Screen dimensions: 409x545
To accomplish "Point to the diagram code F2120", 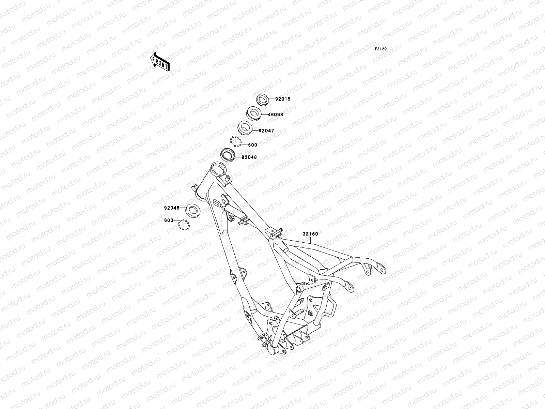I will click(x=381, y=49).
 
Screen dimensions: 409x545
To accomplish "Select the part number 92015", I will click(x=283, y=99).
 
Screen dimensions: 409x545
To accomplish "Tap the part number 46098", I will click(x=275, y=115).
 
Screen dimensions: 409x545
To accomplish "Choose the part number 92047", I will click(x=266, y=131).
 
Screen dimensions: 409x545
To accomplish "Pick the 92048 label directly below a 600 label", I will click(x=249, y=157).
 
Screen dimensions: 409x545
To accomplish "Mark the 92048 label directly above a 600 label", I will click(x=171, y=208).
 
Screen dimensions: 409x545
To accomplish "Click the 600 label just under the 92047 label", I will click(x=252, y=145).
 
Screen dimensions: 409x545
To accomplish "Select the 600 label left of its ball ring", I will click(x=169, y=220).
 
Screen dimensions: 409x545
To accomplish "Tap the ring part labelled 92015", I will click(x=262, y=99).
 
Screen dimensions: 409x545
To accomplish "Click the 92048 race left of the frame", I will click(x=193, y=209).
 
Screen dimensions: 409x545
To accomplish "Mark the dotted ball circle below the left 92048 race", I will click(x=184, y=225).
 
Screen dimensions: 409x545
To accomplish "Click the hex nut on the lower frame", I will click(x=310, y=313).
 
